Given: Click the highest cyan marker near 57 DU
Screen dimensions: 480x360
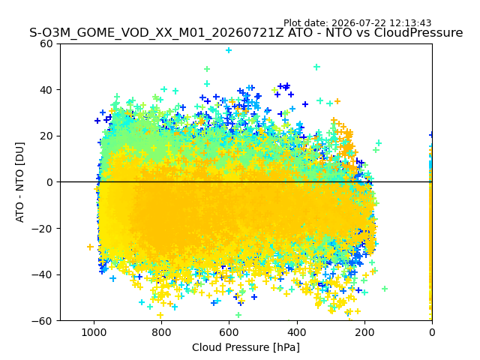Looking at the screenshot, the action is coord(229,50).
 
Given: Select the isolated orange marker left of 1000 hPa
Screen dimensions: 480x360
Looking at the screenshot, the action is coord(90,247).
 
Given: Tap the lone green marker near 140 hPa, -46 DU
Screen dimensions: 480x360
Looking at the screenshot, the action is coord(385,289).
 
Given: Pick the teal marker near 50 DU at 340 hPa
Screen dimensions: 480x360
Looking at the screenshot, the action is coord(316,67).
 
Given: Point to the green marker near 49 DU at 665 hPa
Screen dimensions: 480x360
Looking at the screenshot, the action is coord(207,69).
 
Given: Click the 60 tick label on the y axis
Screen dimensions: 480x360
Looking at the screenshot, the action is coord(46,43).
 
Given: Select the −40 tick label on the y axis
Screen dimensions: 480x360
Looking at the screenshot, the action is coord(42,274).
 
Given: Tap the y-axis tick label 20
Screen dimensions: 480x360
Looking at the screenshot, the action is coord(46,136).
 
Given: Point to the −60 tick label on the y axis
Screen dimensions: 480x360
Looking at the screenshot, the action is coord(42,321).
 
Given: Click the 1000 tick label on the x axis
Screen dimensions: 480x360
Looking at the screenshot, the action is coord(94,332).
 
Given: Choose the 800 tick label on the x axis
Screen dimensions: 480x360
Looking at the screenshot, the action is coord(161,332).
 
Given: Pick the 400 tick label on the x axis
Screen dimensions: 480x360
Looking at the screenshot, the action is coord(297,332).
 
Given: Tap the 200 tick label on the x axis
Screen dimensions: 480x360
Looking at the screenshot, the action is coord(364,332).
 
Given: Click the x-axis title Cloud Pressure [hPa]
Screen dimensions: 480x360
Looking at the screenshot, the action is coord(246,347).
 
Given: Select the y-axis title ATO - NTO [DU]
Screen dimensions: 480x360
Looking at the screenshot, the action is coord(19,182).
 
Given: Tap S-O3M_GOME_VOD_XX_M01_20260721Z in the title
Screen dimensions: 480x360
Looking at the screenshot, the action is coord(157,32).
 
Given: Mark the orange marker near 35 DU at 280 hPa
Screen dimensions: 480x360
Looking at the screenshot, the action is coord(337,101).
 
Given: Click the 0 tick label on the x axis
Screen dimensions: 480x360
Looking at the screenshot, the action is coord(432,332).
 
